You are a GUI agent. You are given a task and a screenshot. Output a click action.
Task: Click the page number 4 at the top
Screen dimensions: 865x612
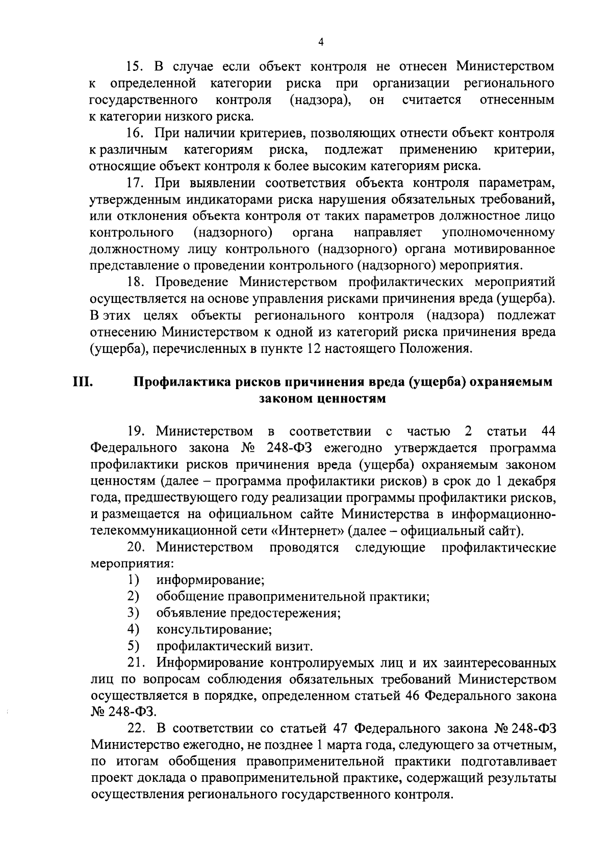coord(320,43)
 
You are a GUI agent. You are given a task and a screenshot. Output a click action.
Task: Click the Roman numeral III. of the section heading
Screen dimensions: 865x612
coord(83,381)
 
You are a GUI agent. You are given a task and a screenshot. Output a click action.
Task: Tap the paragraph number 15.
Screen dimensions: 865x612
coord(137,66)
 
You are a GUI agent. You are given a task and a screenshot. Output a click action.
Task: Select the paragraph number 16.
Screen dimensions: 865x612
coord(136,134)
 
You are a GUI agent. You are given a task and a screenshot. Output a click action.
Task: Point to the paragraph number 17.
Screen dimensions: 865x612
coord(136,183)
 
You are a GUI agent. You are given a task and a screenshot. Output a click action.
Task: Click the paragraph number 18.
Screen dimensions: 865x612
coord(137,283)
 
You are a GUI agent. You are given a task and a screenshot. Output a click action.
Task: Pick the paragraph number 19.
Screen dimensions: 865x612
coord(138,431)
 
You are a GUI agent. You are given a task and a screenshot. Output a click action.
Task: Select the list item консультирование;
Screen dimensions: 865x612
coord(214,629)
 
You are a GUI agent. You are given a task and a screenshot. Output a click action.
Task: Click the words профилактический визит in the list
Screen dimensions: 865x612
coord(234,646)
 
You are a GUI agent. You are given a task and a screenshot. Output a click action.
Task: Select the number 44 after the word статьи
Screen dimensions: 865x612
coord(547,431)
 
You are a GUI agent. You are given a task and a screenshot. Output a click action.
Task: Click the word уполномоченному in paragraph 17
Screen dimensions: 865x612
coord(498,233)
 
